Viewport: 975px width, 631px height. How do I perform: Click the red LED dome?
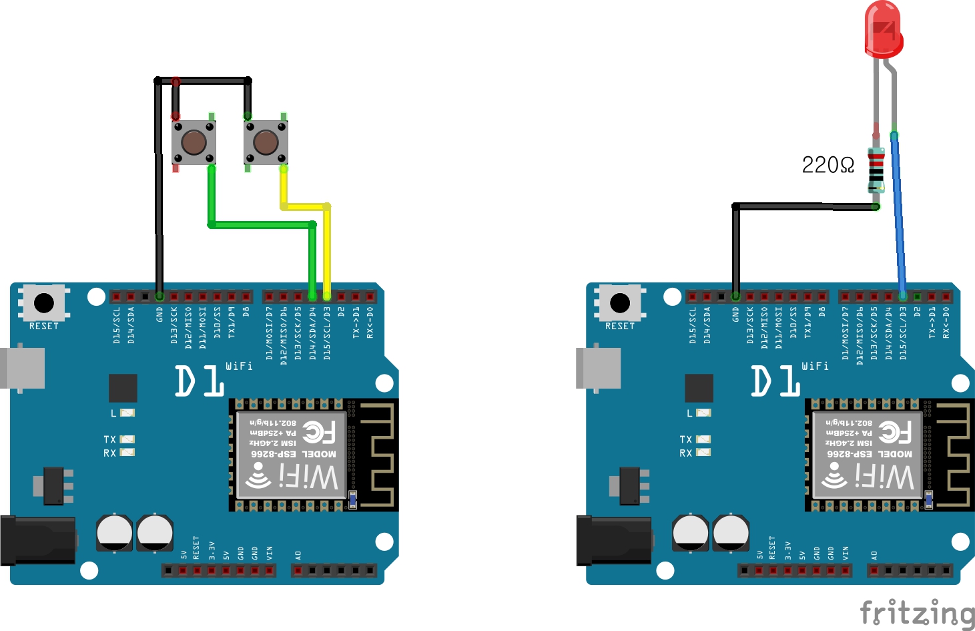click(x=883, y=28)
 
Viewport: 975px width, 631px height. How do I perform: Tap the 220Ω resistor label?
click(x=828, y=165)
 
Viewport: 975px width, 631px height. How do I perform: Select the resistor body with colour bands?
click(x=876, y=170)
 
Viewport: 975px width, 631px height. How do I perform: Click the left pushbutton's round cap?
click(x=194, y=142)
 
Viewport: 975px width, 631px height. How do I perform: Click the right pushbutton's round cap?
click(x=266, y=142)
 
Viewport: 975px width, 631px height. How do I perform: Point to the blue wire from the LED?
click(x=898, y=214)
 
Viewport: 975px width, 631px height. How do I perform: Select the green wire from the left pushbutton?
click(x=260, y=224)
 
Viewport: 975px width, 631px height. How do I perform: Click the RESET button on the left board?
click(x=44, y=303)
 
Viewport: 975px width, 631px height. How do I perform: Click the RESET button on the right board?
click(x=620, y=303)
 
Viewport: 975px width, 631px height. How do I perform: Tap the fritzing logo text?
click(x=917, y=613)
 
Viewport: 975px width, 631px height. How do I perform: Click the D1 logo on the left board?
click(x=200, y=381)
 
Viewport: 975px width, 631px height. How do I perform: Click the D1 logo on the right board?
click(x=775, y=381)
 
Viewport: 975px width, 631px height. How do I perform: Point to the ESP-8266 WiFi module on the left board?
click(x=292, y=454)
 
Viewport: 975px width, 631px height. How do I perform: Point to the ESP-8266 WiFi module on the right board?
click(x=868, y=454)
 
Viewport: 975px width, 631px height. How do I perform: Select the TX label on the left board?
click(x=109, y=439)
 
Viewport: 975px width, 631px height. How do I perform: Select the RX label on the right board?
click(x=685, y=453)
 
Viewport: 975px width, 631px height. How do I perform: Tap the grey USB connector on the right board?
click(x=598, y=367)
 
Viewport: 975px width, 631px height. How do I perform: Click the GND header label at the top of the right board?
click(x=735, y=314)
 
